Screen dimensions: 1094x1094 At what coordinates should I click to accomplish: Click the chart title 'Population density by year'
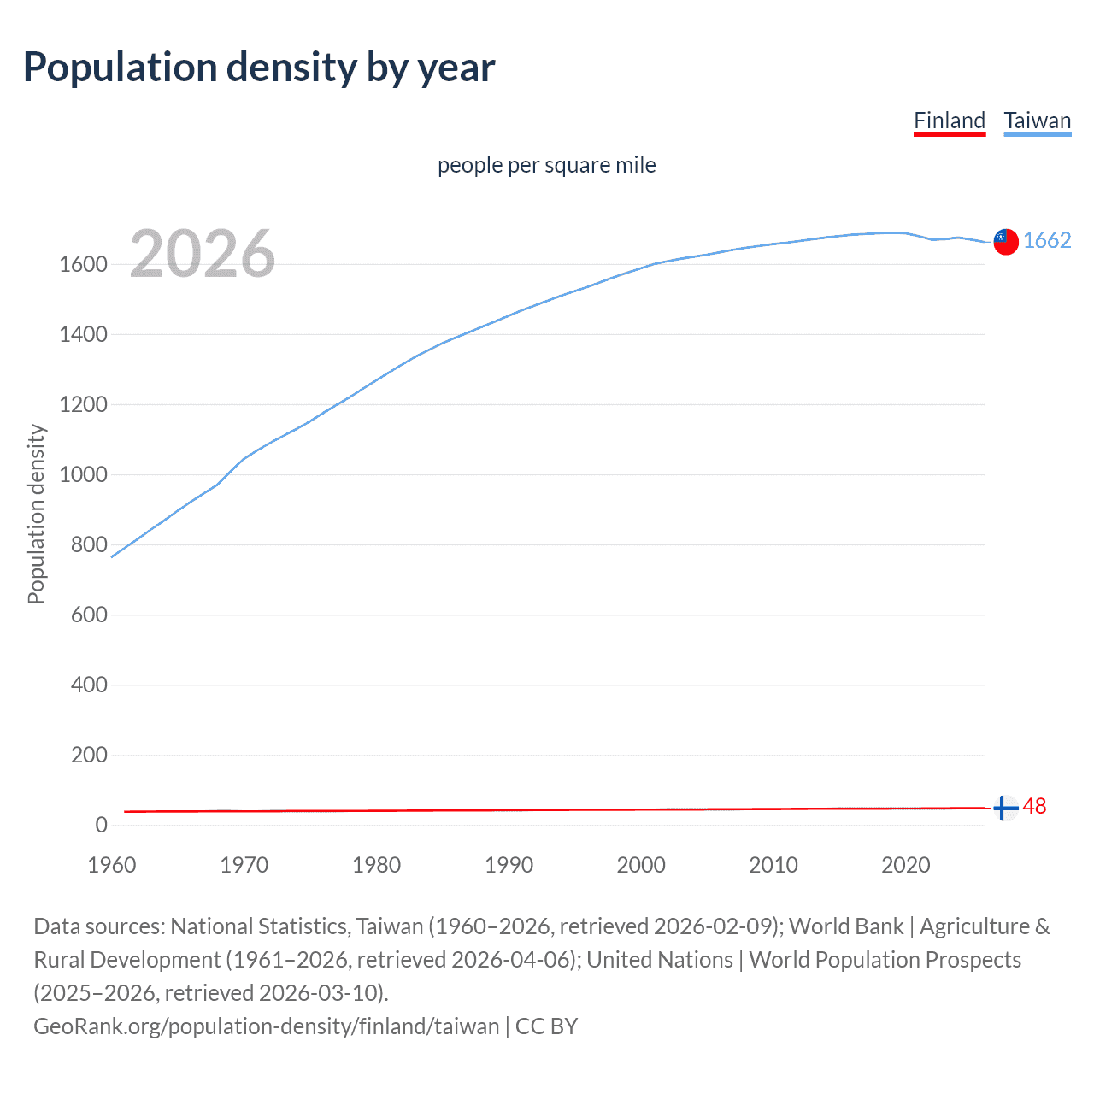click(259, 68)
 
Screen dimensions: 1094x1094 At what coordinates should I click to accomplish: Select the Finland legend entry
click(950, 121)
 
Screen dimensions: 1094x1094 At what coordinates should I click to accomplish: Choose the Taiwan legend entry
click(1038, 121)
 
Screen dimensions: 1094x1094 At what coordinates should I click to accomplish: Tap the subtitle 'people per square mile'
click(546, 165)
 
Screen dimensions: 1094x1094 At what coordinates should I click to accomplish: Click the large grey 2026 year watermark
click(203, 254)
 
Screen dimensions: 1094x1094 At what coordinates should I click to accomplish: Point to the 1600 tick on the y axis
click(83, 265)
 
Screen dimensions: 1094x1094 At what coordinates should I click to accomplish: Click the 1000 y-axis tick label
click(83, 475)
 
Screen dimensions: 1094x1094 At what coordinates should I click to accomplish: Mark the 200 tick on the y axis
click(89, 756)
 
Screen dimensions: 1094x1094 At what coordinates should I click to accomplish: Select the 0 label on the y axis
click(101, 826)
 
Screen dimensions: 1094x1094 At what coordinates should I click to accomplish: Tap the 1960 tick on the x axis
click(112, 865)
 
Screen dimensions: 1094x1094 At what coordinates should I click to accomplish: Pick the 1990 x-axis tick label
click(509, 865)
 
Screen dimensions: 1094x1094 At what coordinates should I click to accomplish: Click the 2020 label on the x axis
click(905, 865)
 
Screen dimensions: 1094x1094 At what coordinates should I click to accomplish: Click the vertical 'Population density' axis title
click(36, 515)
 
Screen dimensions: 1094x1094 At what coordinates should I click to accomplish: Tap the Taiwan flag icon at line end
click(1006, 242)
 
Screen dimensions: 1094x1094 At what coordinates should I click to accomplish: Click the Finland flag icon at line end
click(1006, 808)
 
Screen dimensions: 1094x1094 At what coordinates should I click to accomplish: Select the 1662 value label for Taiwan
click(1047, 241)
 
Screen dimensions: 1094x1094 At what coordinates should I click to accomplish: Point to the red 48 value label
click(1034, 807)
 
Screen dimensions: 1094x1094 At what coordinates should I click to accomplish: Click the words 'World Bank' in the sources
click(845, 926)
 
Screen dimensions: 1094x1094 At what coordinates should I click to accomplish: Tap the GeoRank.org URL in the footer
click(266, 1026)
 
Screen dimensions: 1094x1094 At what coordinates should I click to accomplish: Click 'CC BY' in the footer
click(546, 1026)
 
